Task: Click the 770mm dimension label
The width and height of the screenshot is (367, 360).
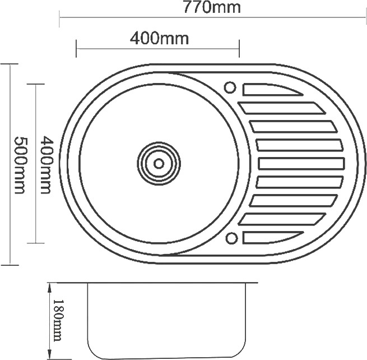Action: click(x=212, y=7)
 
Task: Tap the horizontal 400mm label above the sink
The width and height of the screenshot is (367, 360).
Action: click(x=159, y=38)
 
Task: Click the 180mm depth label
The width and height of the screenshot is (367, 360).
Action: click(x=58, y=320)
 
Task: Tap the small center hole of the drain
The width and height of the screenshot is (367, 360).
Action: click(x=159, y=163)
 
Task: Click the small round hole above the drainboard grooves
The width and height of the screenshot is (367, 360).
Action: click(x=230, y=87)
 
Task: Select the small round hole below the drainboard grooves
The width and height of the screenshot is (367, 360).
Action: click(x=232, y=238)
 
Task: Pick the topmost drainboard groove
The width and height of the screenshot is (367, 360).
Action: click(x=273, y=89)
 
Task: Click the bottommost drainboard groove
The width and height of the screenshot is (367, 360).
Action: click(x=273, y=237)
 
